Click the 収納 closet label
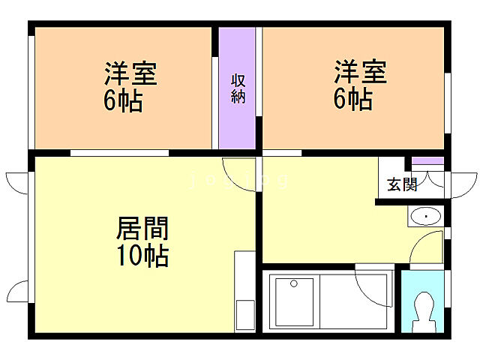[238, 88]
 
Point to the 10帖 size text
[142, 256]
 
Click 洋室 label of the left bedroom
[130, 75]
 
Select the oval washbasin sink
[425, 217]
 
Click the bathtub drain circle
[293, 283]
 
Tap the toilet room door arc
[427, 247]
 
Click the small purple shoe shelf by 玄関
[428, 161]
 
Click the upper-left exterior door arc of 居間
[16, 182]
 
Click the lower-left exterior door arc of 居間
[17, 291]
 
